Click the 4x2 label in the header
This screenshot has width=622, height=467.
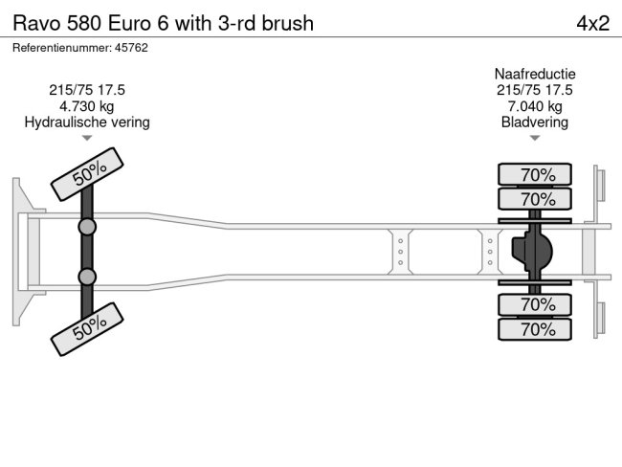point(592,23)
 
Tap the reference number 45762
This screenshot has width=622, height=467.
point(128,47)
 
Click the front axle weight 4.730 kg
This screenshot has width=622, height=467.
point(87,106)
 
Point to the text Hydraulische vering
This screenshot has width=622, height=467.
point(87,122)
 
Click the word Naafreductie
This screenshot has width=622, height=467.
point(535,74)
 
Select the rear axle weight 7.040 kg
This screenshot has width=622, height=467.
point(535,106)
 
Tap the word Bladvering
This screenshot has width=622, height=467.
point(535,122)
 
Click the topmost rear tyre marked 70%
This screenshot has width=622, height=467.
point(536,174)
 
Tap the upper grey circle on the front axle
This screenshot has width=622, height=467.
point(87,228)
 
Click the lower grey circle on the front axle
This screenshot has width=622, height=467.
point(87,277)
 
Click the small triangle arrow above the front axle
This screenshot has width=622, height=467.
point(87,139)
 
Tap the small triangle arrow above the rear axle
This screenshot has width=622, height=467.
point(535,139)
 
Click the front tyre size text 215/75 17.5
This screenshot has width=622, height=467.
point(87,90)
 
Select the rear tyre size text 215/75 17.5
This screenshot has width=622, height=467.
point(535,90)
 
